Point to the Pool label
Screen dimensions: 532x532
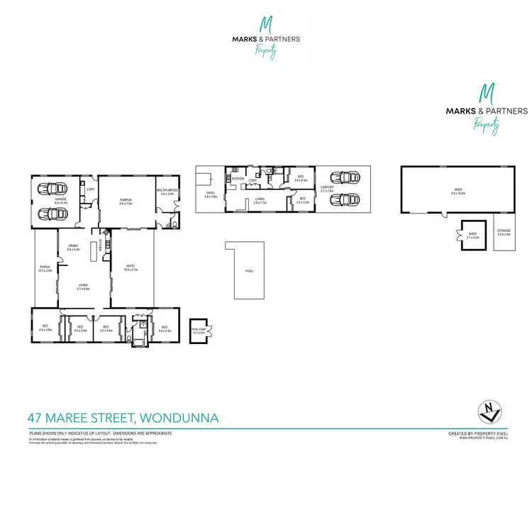pyautogui.click(x=249, y=271)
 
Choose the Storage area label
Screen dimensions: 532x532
pyautogui.click(x=504, y=232)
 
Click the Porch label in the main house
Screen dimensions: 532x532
pyautogui.click(x=45, y=269)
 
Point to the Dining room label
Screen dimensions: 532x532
pyautogui.click(x=73, y=245)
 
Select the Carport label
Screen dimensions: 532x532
pyautogui.click(x=327, y=190)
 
